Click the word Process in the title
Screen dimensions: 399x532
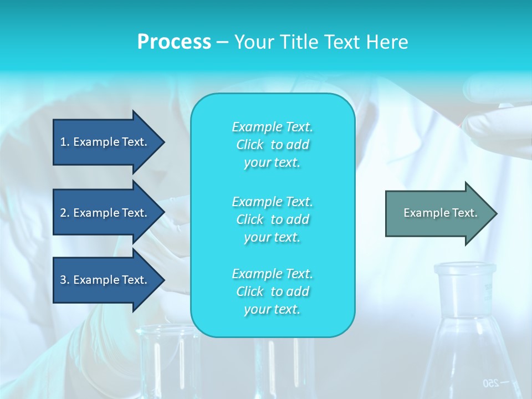(174, 42)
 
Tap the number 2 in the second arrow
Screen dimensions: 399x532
(63, 213)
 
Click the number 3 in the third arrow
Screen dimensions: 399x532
(63, 280)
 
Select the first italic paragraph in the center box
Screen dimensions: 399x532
(272, 145)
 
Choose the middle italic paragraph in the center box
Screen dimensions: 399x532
(272, 219)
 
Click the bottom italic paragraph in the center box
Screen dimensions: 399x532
(272, 291)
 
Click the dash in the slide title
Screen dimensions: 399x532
(222, 42)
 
